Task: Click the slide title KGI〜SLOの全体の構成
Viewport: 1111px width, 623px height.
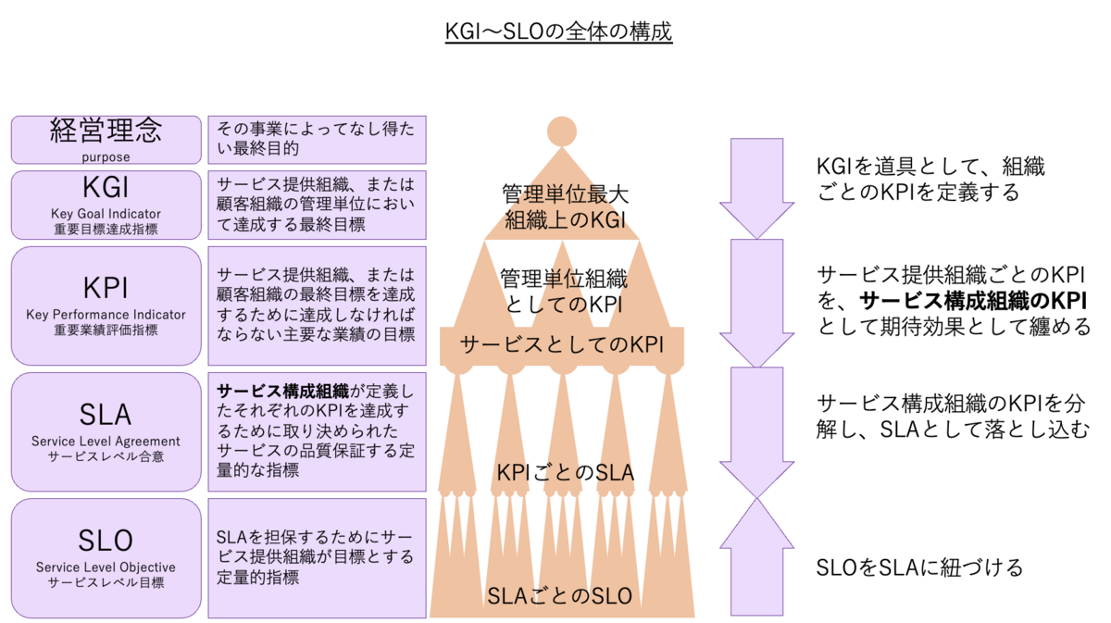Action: (557, 32)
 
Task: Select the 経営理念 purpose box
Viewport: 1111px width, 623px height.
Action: (106, 140)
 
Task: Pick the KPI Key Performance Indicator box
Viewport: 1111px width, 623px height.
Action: (106, 305)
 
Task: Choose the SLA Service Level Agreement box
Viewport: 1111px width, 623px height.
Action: (106, 431)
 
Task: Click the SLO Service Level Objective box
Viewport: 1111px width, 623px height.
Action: (106, 558)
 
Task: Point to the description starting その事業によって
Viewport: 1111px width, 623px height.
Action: (317, 140)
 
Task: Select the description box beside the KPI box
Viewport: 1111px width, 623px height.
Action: (317, 305)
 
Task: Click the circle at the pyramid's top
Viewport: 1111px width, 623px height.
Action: (562, 131)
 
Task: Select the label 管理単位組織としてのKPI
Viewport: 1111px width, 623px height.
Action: (563, 291)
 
